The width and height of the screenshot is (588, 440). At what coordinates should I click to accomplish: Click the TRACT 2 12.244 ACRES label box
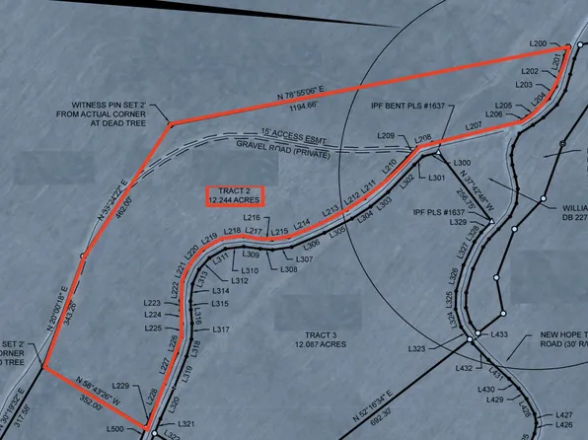point(235,195)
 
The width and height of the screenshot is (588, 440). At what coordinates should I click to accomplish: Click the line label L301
point(438,178)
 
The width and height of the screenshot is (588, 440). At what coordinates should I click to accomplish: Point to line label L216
point(252,217)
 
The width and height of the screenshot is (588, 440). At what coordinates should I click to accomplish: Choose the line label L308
point(290,269)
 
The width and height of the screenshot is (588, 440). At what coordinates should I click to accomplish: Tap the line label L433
point(498,335)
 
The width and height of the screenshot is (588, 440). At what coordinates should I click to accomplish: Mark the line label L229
point(121,384)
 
